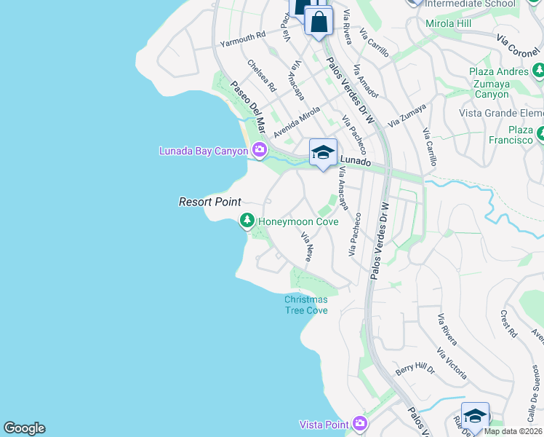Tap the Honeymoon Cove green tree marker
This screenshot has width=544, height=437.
coord(247,221)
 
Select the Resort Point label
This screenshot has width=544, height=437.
coord(209,202)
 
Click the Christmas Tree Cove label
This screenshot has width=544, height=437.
coord(305,304)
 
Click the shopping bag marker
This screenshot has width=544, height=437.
coord(319,21)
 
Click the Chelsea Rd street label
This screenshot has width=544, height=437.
coord(262,75)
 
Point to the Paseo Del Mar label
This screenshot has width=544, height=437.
coord(246,101)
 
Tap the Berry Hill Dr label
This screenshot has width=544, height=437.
coord(415,369)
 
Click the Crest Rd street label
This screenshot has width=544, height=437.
coord(508,323)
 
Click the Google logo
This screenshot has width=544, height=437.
coord(24,428)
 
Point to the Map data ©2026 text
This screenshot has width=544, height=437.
coord(513,431)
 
